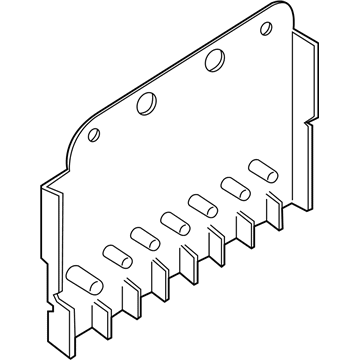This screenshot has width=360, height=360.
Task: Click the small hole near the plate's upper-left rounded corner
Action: [93, 134]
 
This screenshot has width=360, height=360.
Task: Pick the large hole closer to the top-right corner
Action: [212, 60]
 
